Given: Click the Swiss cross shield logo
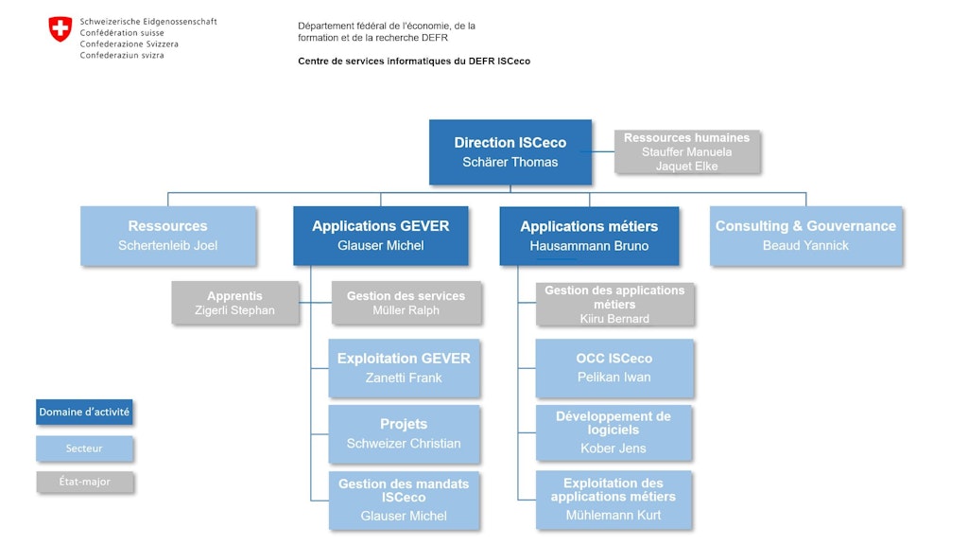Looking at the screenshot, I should pos(60,29).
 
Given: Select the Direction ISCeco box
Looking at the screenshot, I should pos(510,151).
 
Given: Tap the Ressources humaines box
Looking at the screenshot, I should pos(687,151).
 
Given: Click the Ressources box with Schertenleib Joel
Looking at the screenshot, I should pos(168,236).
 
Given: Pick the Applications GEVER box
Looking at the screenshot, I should pos(381,236).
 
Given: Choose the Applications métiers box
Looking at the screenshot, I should pos(589,236).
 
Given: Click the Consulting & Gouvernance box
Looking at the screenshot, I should pos(805,236).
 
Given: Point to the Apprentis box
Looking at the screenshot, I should pos(235,303).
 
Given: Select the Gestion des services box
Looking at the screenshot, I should pos(406,303).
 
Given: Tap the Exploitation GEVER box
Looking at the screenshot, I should pos(404,368).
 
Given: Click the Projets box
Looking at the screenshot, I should pos(404,433).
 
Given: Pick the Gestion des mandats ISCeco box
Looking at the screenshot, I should pos(404,500).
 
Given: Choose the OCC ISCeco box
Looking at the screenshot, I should pos(614,368).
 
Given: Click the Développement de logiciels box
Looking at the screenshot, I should pos(614,432).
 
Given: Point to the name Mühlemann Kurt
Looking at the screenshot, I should pos(614,516).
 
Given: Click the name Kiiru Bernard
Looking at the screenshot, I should pos(614,319).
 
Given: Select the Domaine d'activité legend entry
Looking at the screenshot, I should pos(84,413).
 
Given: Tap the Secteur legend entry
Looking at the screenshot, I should pos(84,448).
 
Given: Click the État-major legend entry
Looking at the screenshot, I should pos(84,482).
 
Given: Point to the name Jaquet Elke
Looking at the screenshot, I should pos(687,167).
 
